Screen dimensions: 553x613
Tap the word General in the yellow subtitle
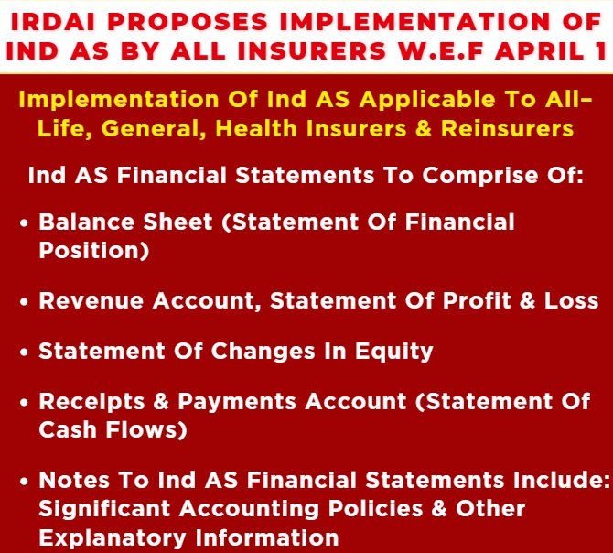152,128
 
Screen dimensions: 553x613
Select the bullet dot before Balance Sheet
25,222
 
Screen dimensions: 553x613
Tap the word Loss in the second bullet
567,300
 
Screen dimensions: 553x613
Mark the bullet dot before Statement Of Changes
25,352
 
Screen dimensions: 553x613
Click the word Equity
395,352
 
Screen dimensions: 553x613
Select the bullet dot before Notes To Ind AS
25,481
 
